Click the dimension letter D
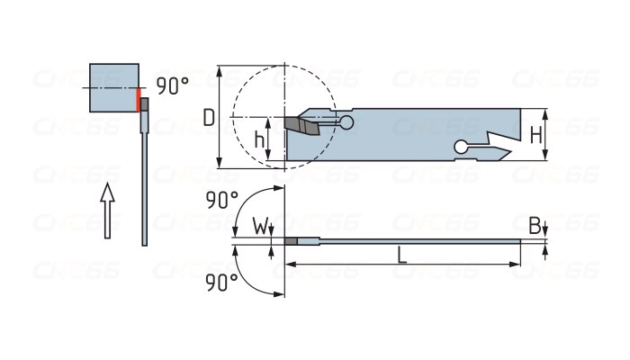pos(208,117)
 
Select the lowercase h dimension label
pos(259,139)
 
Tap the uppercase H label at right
pos(535,135)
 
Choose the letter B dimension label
pos(535,225)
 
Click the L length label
pos(402,255)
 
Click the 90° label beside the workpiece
pos(172,86)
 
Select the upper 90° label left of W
pos(221,201)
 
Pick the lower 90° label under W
pos(221,283)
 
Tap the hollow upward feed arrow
pos(108,210)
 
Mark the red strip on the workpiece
pos(139,99)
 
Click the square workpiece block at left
pos(114,87)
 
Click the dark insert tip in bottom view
pos(291,241)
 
